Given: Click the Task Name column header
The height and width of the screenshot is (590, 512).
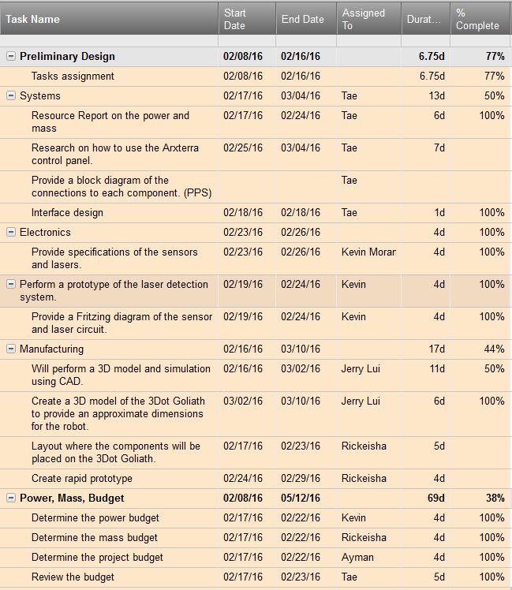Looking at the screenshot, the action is pos(33,19).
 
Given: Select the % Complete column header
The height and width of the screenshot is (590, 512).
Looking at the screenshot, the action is pos(477,19).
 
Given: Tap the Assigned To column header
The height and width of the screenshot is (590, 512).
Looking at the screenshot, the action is pos(364,19).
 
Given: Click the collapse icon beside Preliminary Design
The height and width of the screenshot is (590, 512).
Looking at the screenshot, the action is pos(11,57).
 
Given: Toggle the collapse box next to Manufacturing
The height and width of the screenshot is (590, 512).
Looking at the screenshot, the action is pos(11,349).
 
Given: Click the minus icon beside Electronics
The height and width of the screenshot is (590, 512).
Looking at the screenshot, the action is pos(11,233).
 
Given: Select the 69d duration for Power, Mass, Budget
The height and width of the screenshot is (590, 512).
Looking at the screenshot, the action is pos(436,499).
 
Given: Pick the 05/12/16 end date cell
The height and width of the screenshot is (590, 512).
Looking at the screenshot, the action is pos(301,499).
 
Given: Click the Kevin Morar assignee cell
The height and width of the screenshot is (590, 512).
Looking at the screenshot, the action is pos(368,252).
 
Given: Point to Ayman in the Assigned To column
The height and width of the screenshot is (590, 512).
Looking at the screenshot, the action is pos(357,557).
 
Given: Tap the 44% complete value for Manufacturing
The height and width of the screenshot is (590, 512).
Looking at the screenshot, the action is pos(494,349).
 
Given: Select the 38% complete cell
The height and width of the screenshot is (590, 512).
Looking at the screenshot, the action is pos(495,499).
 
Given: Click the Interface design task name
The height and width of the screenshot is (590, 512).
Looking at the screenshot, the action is pos(67,213).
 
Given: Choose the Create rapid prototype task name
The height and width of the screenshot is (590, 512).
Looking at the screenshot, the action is pos(82,479).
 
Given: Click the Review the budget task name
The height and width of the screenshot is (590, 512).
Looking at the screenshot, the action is pos(73,577).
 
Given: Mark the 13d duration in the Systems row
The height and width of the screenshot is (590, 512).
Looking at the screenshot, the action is pos(437,96).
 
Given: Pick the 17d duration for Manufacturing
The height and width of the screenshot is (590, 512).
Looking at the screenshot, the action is pos(437,349).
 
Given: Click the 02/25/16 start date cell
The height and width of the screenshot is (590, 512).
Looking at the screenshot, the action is pos(243,147).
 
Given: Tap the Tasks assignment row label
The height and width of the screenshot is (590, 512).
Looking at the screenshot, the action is pos(73,77).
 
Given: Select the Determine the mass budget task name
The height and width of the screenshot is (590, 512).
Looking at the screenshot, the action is pos(95,538).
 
